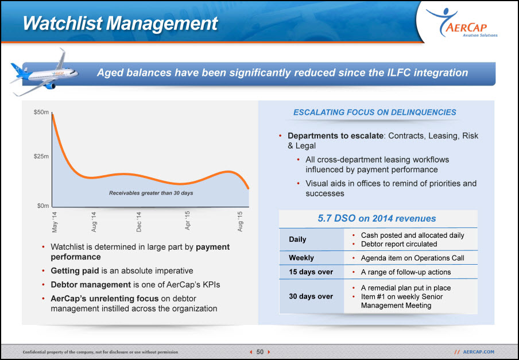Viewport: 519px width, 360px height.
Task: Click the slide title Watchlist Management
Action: coord(120,23)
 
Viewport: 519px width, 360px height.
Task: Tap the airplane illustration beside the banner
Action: coord(44,72)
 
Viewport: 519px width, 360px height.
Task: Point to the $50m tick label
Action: coord(41,113)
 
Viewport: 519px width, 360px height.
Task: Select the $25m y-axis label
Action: coord(41,156)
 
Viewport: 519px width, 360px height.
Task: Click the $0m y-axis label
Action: coord(43,206)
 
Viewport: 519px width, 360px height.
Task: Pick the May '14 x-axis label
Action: coord(55,222)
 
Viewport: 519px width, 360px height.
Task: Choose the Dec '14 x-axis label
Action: coord(139,222)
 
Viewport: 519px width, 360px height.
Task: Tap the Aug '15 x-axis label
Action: coord(241,222)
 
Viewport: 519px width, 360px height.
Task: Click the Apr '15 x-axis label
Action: coord(188,220)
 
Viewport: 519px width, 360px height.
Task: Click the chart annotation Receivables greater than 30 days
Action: coord(151,193)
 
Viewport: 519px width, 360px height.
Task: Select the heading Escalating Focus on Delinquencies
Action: coord(375,113)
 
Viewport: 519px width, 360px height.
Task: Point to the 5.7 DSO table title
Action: coord(377,218)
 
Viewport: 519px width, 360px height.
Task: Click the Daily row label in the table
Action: coord(297,239)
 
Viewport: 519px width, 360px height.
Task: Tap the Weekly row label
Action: coord(301,258)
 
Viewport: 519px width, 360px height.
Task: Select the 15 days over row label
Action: coord(311,272)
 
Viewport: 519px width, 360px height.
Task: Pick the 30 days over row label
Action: coord(311,296)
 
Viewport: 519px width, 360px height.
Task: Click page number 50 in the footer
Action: coord(260,352)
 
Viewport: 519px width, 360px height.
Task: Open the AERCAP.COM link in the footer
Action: coord(479,352)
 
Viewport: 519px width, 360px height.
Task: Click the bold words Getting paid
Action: coord(75,270)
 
